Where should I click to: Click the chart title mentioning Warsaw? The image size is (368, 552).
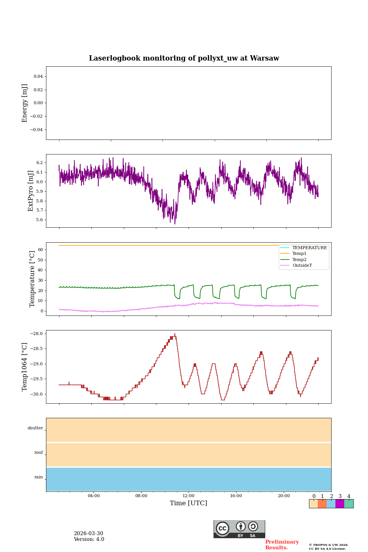(184, 58)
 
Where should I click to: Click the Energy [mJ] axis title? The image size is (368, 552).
(25, 103)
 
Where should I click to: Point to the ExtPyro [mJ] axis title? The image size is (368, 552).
(31, 191)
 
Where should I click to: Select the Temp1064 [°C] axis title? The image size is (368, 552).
(25, 367)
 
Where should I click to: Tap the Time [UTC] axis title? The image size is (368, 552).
(188, 503)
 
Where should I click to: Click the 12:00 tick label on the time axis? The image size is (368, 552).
(188, 496)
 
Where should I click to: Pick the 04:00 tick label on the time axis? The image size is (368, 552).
(94, 496)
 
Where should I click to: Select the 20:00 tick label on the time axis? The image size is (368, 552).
(284, 496)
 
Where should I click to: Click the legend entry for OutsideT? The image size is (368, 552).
(302, 266)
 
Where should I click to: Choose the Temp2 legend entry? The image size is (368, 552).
(299, 260)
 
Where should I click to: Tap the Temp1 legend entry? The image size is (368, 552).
(299, 254)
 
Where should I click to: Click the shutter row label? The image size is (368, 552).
(35, 428)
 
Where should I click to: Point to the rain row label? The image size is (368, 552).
(39, 477)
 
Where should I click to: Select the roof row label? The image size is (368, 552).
(39, 453)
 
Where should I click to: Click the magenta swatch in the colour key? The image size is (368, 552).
(340, 504)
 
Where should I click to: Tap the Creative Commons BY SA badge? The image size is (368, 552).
(239, 529)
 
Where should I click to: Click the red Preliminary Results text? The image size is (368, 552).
(282, 545)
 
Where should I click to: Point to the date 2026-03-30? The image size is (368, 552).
(88, 534)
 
